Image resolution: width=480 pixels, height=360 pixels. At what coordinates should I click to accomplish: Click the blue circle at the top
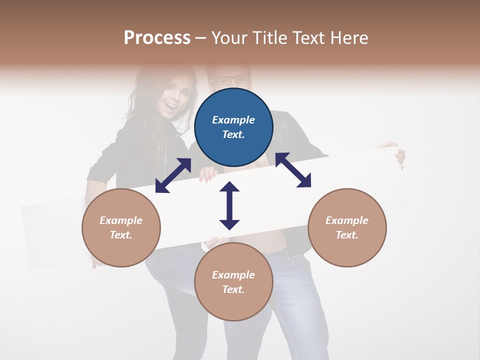233,127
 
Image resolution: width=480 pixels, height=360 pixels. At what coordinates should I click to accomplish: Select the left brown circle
121,227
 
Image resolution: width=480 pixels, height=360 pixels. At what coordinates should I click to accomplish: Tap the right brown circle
347,227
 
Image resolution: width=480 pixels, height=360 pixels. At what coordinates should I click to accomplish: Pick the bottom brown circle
233,282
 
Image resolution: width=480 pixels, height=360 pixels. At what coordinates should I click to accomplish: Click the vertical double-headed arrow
229,205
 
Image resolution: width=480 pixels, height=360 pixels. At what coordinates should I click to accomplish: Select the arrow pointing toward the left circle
173,175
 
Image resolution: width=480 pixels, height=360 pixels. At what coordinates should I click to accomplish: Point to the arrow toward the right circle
293,170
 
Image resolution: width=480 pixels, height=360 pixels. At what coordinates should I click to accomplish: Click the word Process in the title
157,38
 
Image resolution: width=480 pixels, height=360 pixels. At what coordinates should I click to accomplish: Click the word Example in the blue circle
233,120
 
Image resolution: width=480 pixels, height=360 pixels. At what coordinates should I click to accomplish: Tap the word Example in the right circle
347,220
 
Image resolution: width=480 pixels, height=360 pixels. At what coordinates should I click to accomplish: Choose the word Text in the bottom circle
232,289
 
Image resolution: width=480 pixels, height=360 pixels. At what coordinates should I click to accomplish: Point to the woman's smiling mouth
171,105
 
